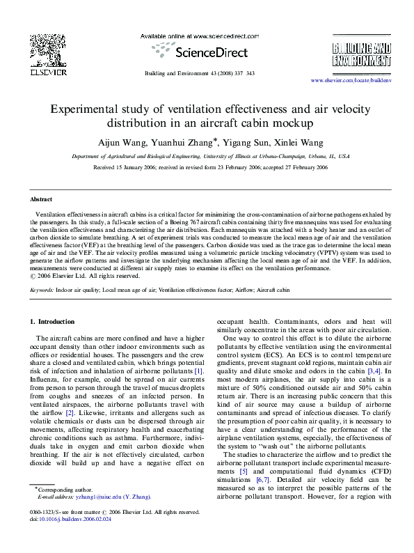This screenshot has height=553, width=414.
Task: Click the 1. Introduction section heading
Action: point(52,322)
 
